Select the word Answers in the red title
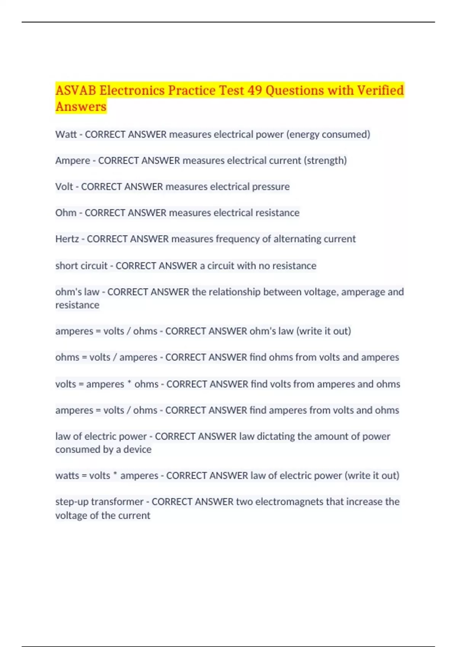[x=81, y=107]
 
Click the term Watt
[x=66, y=134]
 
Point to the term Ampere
[x=72, y=161]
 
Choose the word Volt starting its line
[x=64, y=186]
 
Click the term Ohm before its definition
[x=66, y=212]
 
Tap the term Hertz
[x=67, y=239]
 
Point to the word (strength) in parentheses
[x=325, y=161]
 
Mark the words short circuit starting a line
[x=81, y=265]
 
